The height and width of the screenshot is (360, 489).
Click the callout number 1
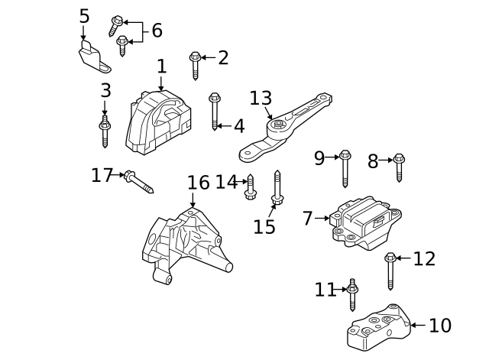pos(161,66)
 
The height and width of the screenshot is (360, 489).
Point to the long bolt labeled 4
pos(215,112)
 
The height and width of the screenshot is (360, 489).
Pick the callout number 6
pos(157,31)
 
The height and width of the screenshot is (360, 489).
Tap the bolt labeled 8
pos(399,166)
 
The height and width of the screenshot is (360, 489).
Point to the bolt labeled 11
pos(352,294)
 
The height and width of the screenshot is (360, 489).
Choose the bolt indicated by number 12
pos(390,270)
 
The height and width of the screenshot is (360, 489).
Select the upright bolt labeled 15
pos(277,186)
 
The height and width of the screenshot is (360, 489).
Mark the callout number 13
pos(261,99)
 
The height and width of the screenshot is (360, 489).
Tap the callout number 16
pos(198,183)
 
